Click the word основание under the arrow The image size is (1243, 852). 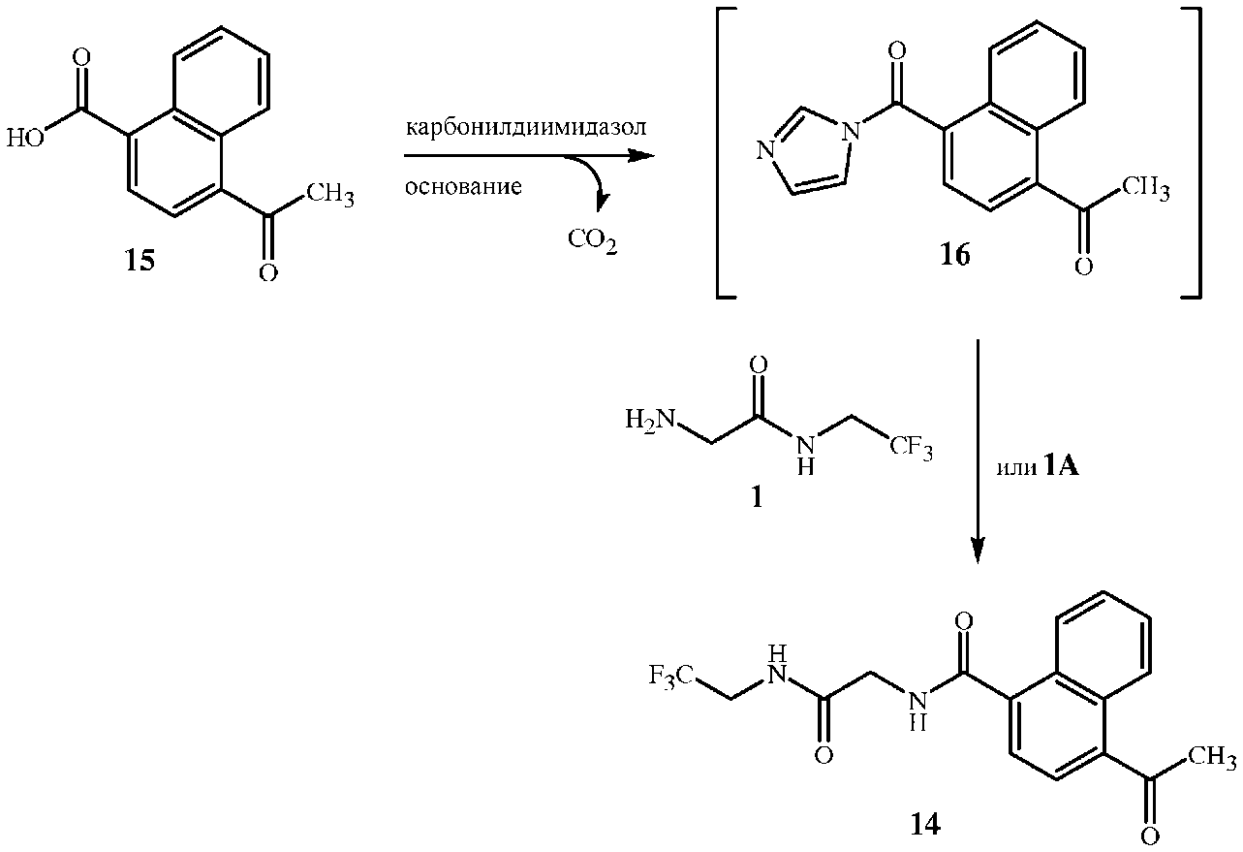(463, 187)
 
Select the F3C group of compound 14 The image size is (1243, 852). (671, 674)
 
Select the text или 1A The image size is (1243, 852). (1038, 468)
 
